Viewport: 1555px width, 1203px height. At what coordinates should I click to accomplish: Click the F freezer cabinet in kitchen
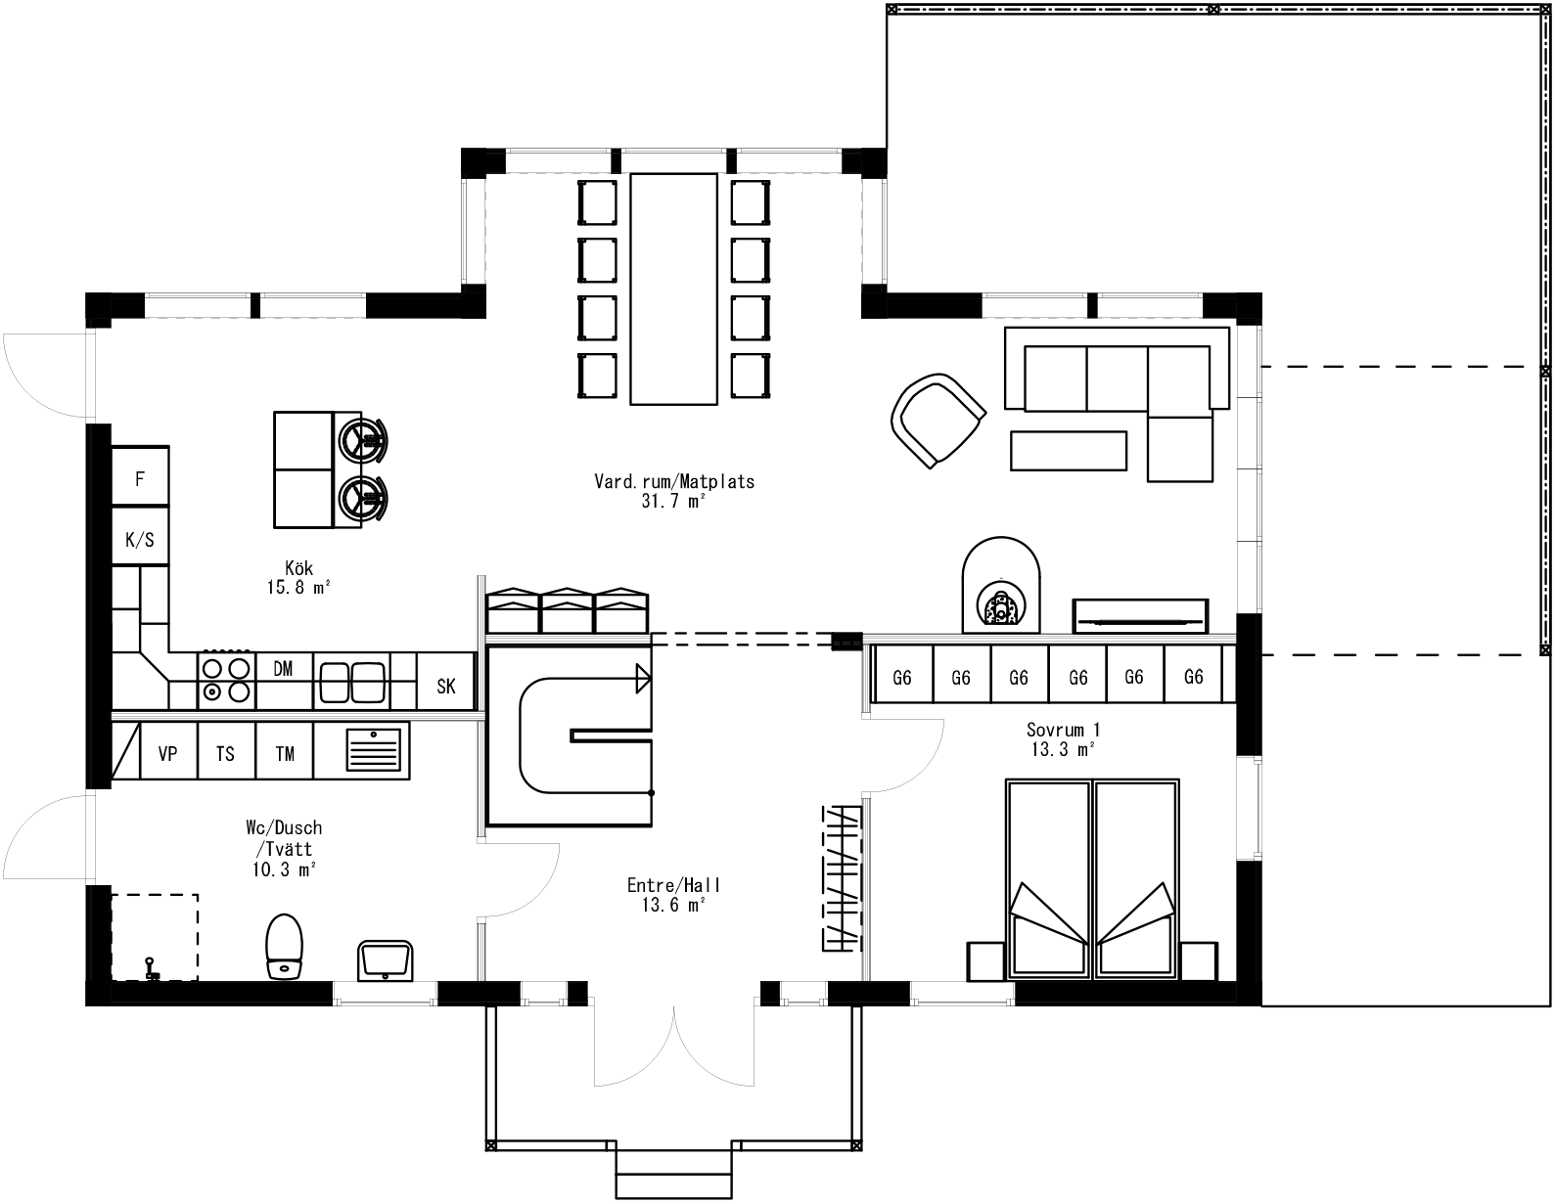[140, 478]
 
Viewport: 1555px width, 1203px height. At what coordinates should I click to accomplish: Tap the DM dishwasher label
[283, 669]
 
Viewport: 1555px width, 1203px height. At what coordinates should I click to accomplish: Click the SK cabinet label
[446, 686]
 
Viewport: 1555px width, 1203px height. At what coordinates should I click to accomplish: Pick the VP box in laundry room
[168, 753]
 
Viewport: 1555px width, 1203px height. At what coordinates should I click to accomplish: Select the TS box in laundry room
[226, 753]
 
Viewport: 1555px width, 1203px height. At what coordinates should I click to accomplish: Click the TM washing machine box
[285, 753]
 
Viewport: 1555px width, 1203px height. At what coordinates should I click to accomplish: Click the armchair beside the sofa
[937, 420]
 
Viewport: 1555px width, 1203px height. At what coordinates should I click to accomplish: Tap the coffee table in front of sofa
[1068, 451]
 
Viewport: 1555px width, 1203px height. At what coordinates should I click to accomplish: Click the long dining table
[675, 289]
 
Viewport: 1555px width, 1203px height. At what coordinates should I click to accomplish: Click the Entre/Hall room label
[674, 894]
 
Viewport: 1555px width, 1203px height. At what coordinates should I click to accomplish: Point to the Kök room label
[298, 577]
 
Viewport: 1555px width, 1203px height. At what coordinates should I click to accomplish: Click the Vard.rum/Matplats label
[674, 490]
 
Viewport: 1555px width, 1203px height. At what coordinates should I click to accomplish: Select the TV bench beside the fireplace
[1140, 615]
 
